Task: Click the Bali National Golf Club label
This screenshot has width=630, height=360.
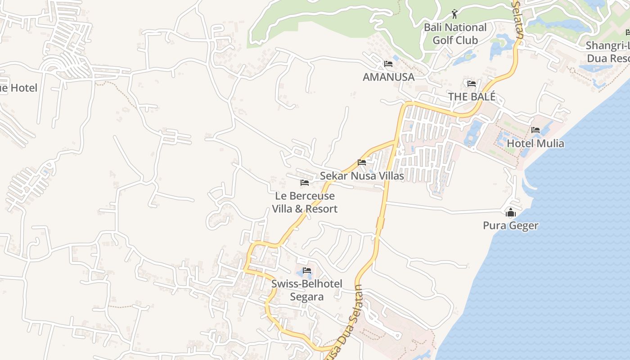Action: click(455, 34)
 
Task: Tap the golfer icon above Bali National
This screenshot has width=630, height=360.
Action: click(454, 14)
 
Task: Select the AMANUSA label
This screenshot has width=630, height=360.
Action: click(388, 77)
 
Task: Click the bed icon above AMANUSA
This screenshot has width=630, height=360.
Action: click(388, 64)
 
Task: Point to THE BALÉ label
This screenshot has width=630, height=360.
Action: click(472, 97)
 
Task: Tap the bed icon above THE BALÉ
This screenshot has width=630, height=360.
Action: click(472, 84)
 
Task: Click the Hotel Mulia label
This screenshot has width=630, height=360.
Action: click(535, 144)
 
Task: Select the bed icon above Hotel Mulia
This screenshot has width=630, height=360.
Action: click(535, 130)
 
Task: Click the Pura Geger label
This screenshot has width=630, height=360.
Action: click(510, 225)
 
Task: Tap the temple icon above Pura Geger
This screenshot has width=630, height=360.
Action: click(510, 212)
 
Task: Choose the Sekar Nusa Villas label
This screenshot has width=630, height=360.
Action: click(362, 175)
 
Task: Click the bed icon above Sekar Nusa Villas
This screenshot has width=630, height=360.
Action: click(362, 162)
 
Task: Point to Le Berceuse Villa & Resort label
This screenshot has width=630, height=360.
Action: click(305, 202)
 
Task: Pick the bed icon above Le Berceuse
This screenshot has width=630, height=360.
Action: click(305, 183)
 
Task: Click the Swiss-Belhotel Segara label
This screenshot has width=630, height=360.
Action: click(306, 290)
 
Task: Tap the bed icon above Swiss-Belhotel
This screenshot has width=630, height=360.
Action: click(307, 270)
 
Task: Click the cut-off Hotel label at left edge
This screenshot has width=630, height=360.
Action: click(18, 88)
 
